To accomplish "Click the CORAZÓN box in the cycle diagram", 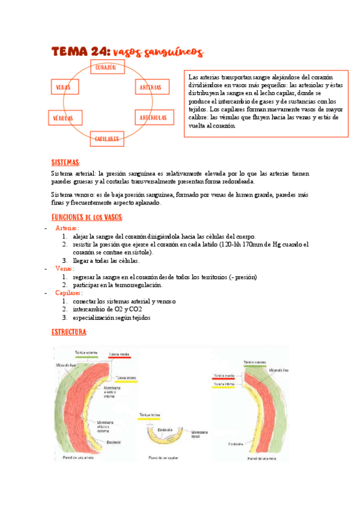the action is (105, 68).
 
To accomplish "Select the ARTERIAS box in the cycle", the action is (150, 88).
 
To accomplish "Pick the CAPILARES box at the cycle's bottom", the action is (107, 139).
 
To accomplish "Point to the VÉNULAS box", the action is (63, 118).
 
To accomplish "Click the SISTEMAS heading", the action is (66, 163).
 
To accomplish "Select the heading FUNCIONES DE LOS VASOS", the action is (87, 217).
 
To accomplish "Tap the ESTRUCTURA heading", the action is (69, 332).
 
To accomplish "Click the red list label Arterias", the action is (67, 229).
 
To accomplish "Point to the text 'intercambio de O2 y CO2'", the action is (108, 309).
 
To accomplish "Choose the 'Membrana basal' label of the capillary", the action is (199, 434).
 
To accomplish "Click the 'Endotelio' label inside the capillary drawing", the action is (165, 429).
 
